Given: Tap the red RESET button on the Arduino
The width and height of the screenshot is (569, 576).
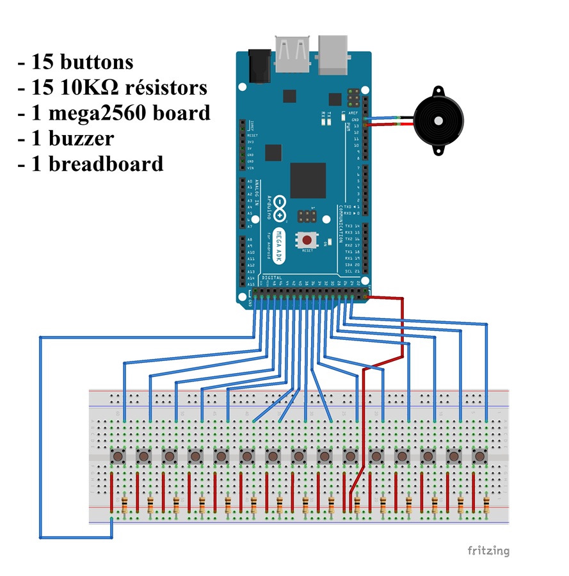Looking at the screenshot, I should coord(307,240).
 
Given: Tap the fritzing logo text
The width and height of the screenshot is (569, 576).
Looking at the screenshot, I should coord(488,550).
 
